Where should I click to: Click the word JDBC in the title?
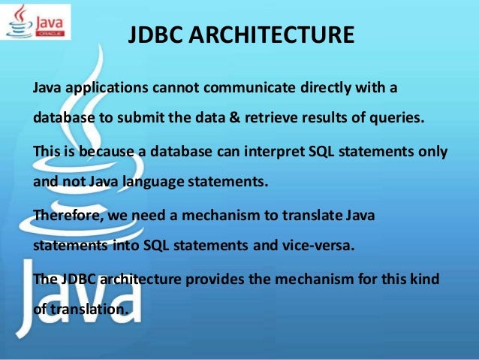coord(155,35)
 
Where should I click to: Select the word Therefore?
coord(68,215)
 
